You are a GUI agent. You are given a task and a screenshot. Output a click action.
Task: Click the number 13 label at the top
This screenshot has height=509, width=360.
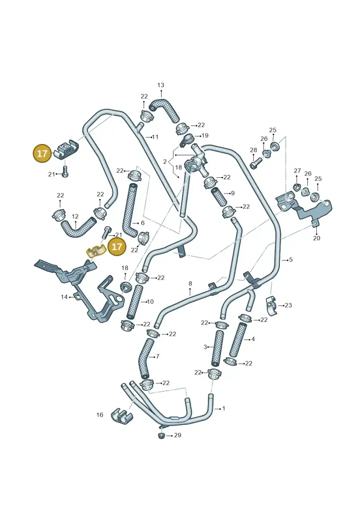pos(161,85)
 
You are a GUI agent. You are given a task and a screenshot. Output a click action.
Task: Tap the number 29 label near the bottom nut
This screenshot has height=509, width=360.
pos(178,435)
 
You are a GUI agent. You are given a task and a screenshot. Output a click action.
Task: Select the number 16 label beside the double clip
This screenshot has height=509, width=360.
pos(99,414)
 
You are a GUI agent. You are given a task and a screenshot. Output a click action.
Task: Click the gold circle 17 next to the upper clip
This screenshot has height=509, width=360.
pos(42,153)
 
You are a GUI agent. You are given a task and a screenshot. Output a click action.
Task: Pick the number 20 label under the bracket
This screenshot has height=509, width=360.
pos(316,238)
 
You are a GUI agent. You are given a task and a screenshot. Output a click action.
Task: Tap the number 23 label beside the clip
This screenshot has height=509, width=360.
pos(288,305)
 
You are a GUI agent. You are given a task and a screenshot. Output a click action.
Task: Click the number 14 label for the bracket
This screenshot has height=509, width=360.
pos(64,297)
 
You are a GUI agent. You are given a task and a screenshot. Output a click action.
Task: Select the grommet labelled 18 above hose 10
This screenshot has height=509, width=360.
pos(125,287)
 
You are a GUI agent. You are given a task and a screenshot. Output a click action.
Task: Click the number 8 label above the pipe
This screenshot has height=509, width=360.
pos(190,284)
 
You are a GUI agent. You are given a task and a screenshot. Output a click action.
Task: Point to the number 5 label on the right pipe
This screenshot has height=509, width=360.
pos(291,259)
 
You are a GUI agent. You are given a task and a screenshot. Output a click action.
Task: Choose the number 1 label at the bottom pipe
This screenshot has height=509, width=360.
pos(223,408)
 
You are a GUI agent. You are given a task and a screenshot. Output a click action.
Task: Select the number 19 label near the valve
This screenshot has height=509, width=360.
pos(205,135)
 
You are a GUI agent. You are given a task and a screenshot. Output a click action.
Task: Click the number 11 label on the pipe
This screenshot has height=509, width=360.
pos(155,137)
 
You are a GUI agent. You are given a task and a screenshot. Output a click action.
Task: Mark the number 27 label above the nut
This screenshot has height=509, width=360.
pos(297,171)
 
